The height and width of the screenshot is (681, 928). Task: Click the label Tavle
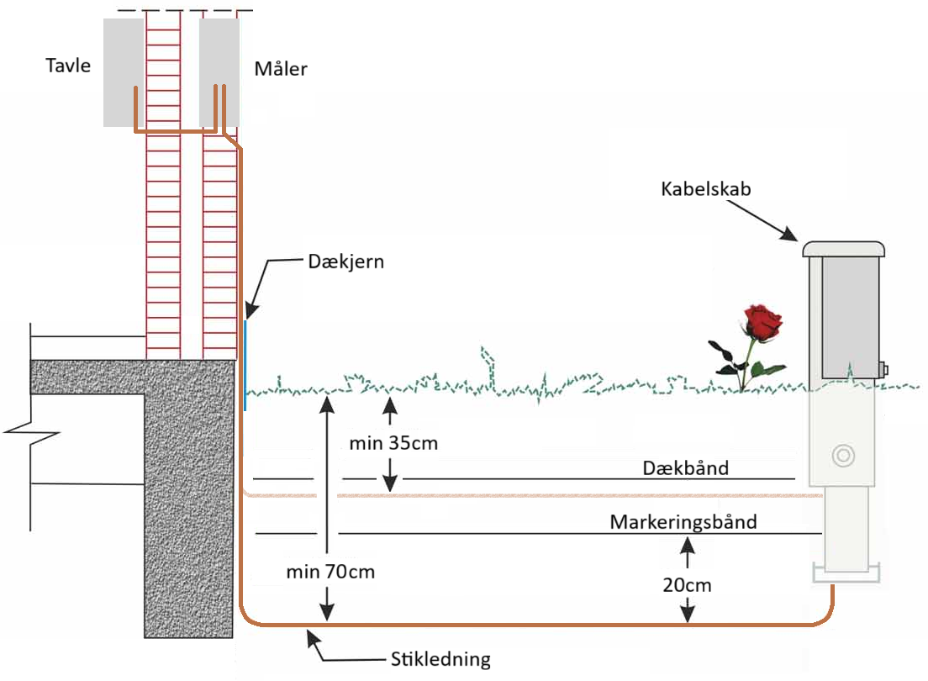(68, 66)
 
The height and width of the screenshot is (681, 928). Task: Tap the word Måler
(281, 68)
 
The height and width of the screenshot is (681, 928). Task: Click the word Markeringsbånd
(683, 521)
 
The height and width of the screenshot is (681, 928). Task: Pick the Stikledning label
(440, 658)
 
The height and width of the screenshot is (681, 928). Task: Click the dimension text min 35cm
(393, 442)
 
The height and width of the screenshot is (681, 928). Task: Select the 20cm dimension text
(687, 584)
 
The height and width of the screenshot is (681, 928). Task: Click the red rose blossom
(762, 321)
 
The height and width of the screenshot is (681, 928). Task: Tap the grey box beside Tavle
(123, 72)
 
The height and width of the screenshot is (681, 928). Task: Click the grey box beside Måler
(219, 72)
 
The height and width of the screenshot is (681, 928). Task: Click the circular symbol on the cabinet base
(841, 456)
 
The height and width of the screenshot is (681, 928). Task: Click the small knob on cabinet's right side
(883, 368)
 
